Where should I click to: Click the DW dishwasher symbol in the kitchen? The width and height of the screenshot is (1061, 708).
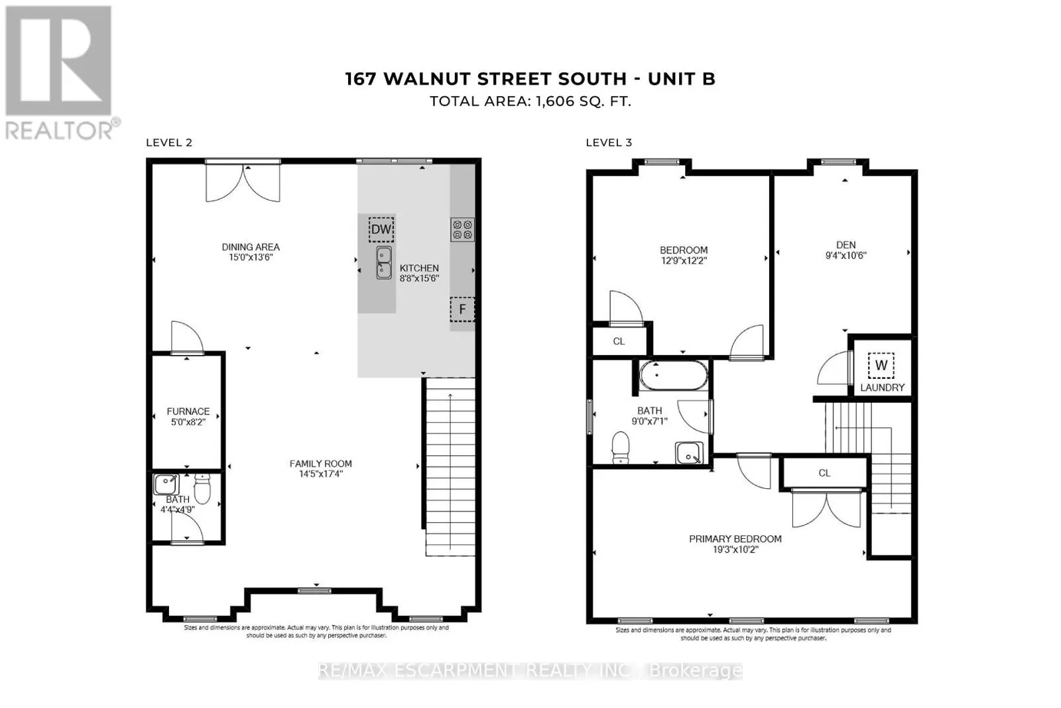click(381, 230)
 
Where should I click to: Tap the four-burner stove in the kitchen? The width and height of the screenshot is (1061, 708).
click(462, 230)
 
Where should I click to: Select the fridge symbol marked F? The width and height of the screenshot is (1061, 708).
click(462, 309)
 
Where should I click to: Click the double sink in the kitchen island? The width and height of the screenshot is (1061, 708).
click(384, 263)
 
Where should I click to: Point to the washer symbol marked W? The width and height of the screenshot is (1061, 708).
click(881, 366)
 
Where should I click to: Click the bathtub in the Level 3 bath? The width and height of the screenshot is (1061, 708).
click(674, 376)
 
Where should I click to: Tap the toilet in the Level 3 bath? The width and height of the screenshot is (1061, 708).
click(621, 447)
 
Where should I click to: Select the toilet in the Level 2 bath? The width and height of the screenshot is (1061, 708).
click(202, 488)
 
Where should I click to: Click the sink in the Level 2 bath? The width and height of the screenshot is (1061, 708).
click(166, 484)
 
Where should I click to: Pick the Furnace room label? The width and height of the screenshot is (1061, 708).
click(188, 411)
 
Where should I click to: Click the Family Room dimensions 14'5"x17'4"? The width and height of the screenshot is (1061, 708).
click(321, 474)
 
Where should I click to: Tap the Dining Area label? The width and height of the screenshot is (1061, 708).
click(251, 247)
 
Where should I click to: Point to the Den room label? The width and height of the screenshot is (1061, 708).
click(846, 245)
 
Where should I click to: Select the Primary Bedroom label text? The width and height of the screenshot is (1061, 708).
click(735, 539)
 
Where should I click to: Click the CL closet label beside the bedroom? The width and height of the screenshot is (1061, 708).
click(619, 341)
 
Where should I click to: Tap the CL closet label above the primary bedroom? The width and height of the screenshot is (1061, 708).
click(824, 473)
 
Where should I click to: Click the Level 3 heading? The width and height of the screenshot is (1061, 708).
click(609, 143)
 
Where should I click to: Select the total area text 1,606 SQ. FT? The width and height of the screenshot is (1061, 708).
click(583, 102)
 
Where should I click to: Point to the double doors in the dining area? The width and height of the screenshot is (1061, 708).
click(243, 183)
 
